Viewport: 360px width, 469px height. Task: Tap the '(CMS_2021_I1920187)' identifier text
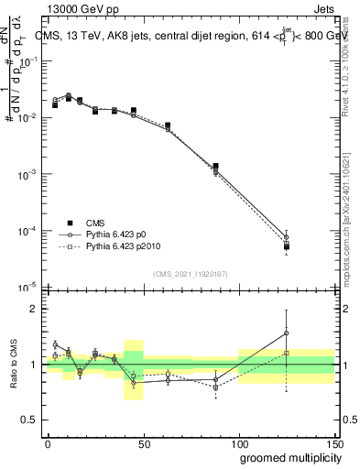[x=191, y=273]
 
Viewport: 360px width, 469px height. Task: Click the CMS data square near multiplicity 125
[x=287, y=246]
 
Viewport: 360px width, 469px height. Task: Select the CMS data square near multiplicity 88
[x=216, y=167]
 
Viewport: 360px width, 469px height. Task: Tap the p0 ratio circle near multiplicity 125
[x=287, y=333]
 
